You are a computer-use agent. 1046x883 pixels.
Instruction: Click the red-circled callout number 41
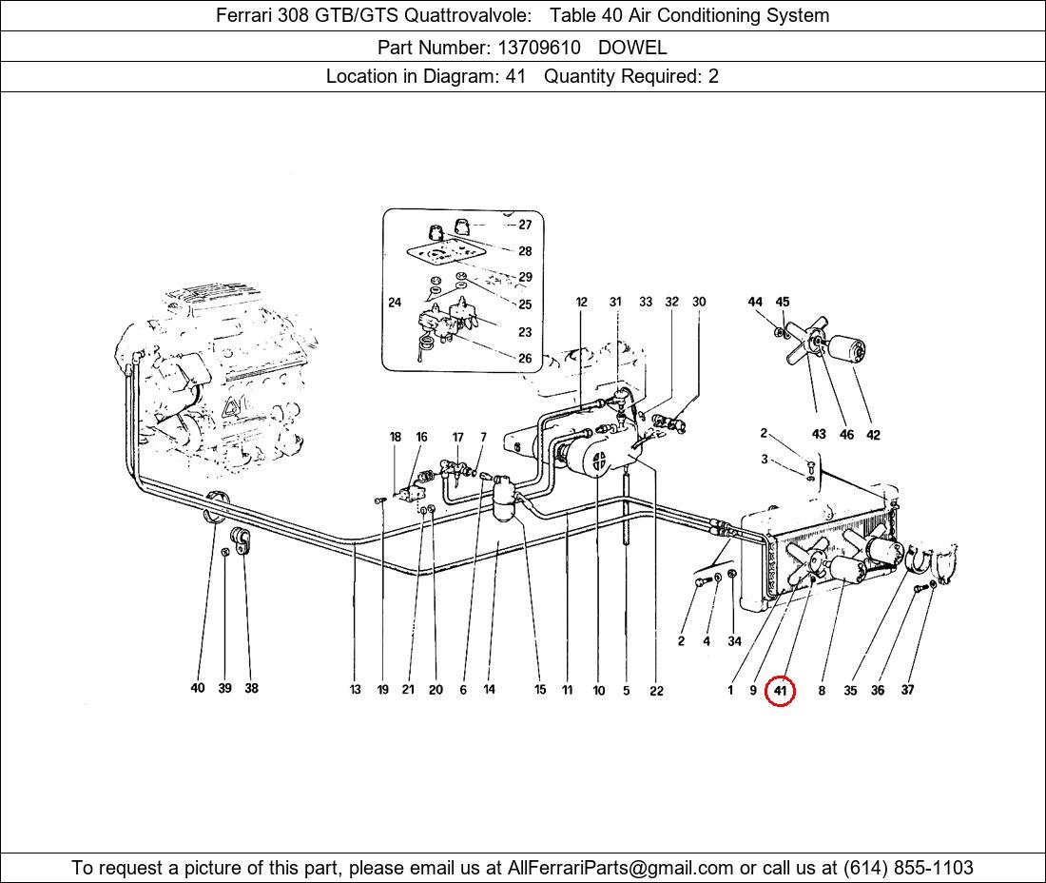(780, 691)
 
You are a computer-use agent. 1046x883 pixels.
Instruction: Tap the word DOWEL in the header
(632, 47)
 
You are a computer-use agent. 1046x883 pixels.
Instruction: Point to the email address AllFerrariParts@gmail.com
(621, 868)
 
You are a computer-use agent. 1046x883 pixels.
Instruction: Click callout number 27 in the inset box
(525, 226)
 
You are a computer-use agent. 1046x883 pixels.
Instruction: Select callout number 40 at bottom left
(197, 688)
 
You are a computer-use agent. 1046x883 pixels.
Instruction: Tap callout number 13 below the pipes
(355, 690)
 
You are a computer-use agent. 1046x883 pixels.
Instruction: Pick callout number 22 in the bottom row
(656, 691)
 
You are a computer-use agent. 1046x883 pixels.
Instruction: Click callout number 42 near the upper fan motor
(873, 435)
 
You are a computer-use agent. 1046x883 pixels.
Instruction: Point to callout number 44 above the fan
(755, 302)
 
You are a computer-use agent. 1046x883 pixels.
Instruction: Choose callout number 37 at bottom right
(907, 690)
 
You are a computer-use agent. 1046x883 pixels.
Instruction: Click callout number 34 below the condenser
(734, 641)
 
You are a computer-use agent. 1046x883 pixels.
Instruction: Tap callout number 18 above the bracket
(396, 438)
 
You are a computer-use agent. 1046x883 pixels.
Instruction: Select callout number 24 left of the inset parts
(395, 304)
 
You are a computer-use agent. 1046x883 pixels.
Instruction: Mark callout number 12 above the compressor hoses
(581, 303)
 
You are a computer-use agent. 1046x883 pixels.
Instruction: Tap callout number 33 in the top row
(646, 302)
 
